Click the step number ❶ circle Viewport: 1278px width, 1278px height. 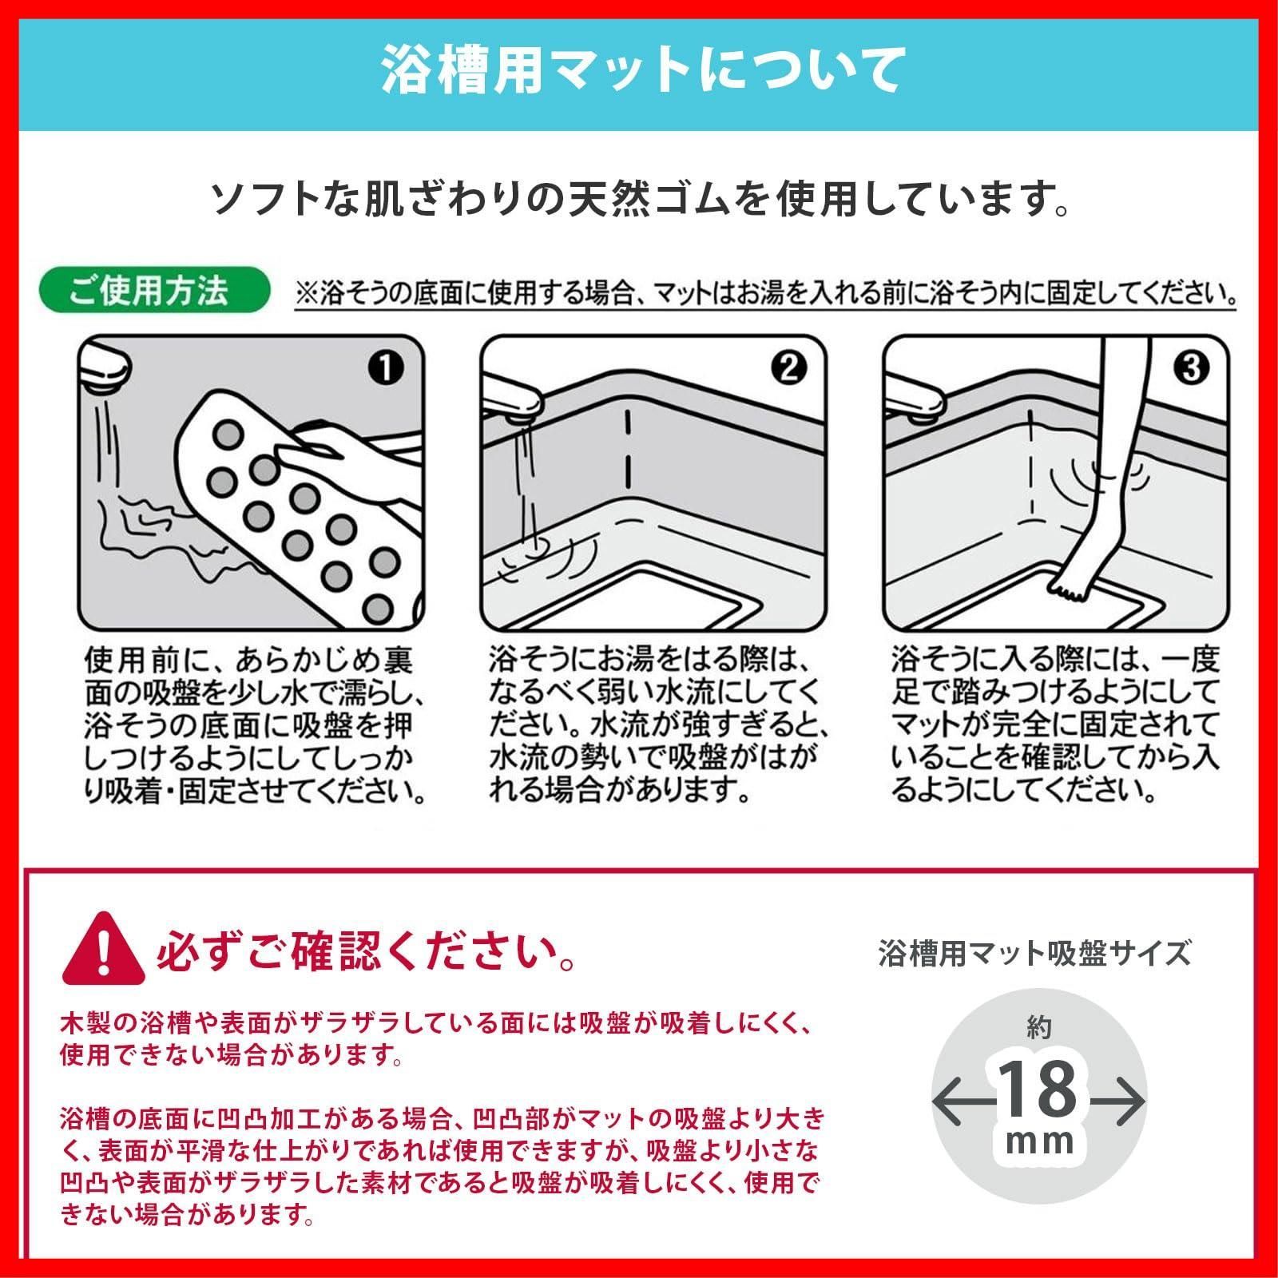[387, 367]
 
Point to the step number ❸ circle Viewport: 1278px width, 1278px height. [1192, 367]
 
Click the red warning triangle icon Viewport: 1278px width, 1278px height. [103, 951]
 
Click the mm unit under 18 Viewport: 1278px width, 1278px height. [1039, 1142]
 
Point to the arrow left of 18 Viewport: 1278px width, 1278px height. [964, 1101]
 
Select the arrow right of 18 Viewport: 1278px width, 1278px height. [1115, 1101]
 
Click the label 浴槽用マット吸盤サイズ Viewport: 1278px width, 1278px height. [1034, 953]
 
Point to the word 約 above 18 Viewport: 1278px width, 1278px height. [1038, 1030]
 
